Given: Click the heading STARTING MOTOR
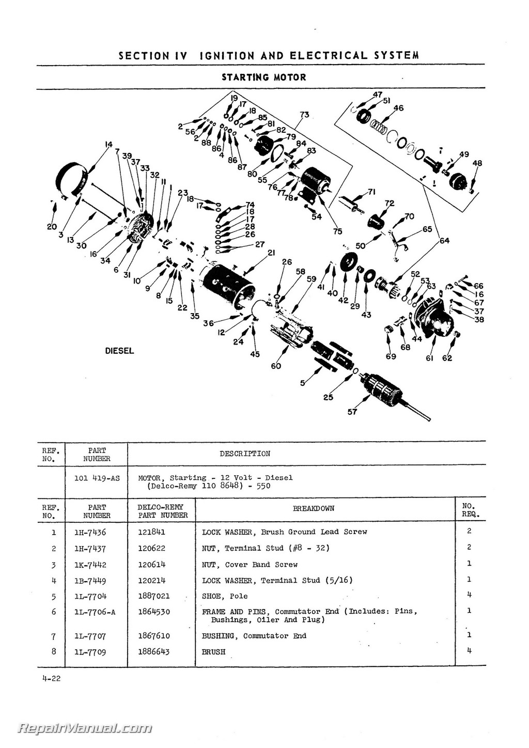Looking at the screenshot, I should click(263, 77).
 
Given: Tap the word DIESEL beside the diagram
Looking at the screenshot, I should click(119, 351).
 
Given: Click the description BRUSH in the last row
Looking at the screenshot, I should click(213, 652).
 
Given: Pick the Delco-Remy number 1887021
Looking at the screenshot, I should click(153, 596).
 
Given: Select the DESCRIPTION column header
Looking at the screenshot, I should click(244, 454).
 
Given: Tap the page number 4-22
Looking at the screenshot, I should click(52, 678).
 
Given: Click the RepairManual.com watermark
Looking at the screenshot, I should click(85, 728).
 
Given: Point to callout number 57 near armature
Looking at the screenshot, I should click(352, 412).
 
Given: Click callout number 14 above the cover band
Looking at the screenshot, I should click(108, 145).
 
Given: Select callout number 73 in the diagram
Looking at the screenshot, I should click(304, 115).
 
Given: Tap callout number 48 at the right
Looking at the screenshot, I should click(477, 163).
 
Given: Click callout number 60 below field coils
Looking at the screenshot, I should click(276, 366).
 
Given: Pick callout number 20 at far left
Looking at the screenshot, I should click(52, 226).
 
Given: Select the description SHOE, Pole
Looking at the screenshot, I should click(225, 596).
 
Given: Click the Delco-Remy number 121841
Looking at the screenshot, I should click(151, 532).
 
